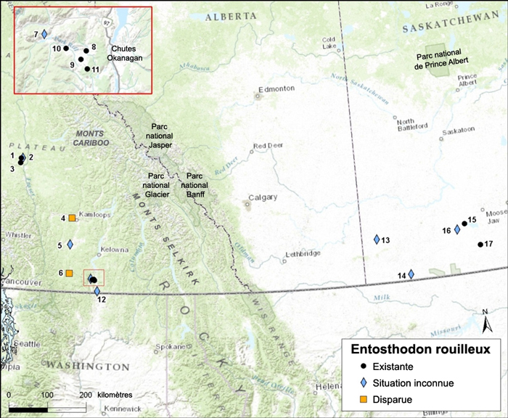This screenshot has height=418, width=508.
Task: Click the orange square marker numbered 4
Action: point(72,218)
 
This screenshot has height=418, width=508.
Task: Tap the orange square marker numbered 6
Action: point(69,273)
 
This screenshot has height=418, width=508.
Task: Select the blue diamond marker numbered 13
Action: point(377,239)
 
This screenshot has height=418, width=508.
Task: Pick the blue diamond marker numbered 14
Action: point(411,274)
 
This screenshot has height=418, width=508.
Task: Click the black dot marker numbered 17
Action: point(480,245)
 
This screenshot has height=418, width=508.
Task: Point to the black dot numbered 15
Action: point(464,224)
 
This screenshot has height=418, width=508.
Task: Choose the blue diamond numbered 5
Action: point(70,245)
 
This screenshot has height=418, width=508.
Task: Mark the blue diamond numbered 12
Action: point(98,291)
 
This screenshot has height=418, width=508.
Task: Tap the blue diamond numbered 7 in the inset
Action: point(44,34)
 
